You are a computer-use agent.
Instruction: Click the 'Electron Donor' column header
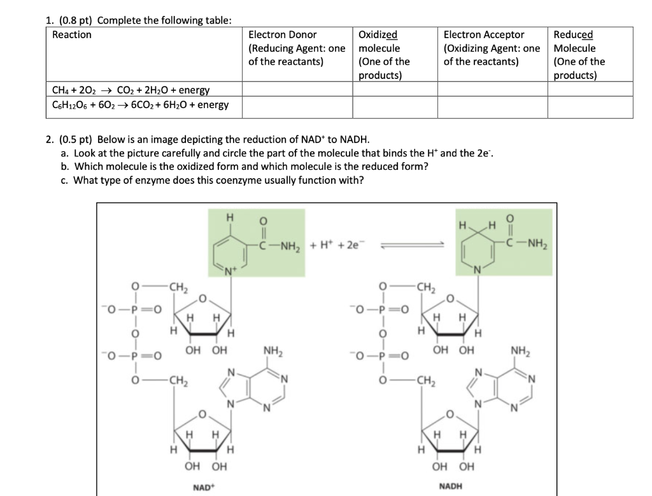click(282, 35)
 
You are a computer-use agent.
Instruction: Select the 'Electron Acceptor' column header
click(484, 35)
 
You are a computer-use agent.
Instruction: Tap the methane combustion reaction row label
click(131, 90)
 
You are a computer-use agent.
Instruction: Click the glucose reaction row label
click(140, 104)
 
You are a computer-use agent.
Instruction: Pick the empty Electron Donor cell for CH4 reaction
click(297, 90)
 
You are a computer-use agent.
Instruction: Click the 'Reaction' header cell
click(71, 35)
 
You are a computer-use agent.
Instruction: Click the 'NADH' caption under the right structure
click(451, 487)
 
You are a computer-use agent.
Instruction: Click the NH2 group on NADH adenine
click(521, 350)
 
